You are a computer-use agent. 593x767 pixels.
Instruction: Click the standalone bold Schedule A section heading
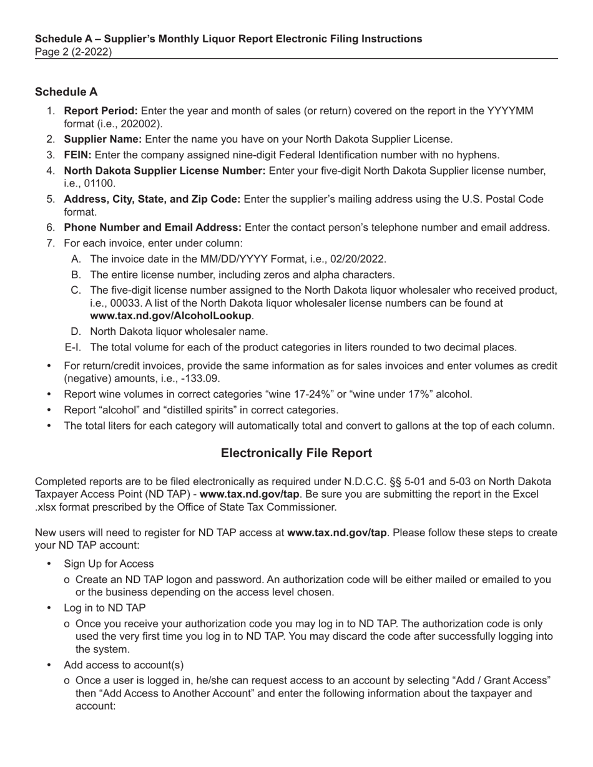66,92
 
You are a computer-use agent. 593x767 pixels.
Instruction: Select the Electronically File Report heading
296,453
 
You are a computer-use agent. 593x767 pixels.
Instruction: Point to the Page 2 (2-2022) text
74,52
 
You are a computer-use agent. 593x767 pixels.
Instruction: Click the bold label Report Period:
101,111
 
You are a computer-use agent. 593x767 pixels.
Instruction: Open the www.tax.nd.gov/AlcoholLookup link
170,316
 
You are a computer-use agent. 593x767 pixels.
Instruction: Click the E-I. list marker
72,347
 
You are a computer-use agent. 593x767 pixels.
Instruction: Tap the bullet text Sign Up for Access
109,564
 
